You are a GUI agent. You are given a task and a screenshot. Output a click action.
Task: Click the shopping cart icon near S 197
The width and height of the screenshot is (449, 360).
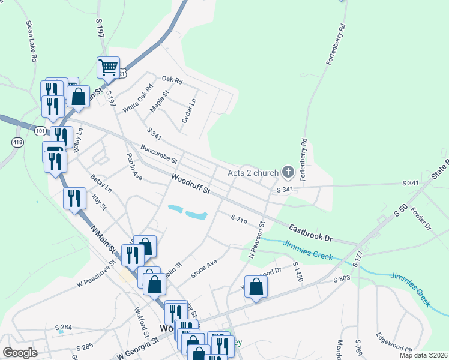point(109,67)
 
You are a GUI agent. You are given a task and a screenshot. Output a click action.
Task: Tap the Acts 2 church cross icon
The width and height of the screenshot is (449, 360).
point(288,173)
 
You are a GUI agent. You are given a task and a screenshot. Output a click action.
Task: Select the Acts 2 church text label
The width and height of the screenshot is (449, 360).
point(253,173)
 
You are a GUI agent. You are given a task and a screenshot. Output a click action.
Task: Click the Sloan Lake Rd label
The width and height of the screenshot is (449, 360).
point(32,42)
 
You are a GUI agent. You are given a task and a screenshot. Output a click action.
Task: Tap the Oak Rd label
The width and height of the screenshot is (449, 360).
point(172,80)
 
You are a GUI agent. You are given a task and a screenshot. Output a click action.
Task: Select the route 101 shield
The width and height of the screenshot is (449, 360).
point(40,130)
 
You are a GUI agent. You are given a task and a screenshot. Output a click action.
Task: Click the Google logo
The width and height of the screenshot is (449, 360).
point(20,353)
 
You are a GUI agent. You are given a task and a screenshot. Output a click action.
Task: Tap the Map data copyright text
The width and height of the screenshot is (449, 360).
point(423,355)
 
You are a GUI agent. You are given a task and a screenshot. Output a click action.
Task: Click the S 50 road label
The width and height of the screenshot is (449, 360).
point(400,210)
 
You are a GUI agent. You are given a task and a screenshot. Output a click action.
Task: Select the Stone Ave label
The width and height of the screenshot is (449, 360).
point(203,268)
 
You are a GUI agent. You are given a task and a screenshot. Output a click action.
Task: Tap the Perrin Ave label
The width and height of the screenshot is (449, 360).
point(133,166)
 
